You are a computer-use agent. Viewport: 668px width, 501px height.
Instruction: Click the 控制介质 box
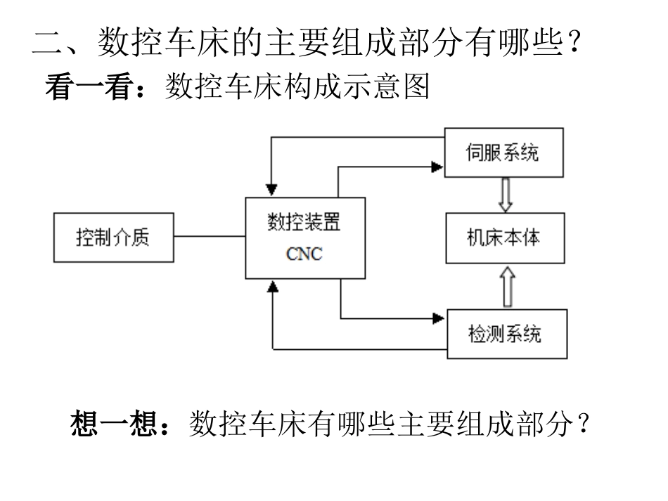click(x=113, y=238)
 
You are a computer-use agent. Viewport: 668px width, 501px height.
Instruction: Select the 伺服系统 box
click(x=504, y=152)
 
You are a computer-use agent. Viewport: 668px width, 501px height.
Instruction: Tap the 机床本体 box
click(x=504, y=238)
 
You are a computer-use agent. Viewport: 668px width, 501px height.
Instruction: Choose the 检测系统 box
click(x=506, y=333)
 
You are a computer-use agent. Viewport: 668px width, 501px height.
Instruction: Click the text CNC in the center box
click(x=304, y=254)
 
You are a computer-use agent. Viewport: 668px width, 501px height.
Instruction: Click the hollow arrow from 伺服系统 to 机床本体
click(x=504, y=195)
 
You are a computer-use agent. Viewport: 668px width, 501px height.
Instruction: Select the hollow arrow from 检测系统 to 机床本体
click(x=506, y=285)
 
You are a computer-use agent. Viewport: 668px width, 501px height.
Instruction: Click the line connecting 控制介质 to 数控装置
click(x=209, y=237)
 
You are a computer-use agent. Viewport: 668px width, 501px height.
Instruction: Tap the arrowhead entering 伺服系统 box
click(x=438, y=167)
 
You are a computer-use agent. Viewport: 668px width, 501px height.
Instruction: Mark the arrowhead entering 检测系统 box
click(x=440, y=318)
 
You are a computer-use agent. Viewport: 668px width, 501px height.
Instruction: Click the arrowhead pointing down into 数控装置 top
click(x=271, y=190)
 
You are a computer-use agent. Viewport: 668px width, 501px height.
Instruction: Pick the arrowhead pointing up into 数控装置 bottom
click(x=272, y=286)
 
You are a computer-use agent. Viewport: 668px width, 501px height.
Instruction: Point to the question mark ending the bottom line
click(x=582, y=424)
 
